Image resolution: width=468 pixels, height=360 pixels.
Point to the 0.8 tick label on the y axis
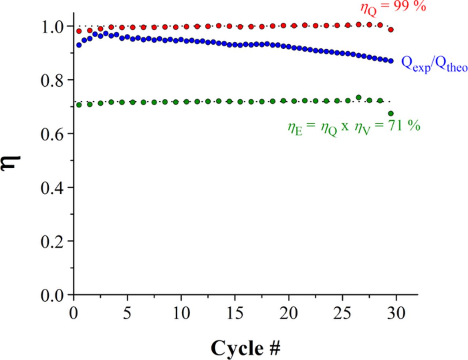point(52,80)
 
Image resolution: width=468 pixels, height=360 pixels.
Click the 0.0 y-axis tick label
point(52,295)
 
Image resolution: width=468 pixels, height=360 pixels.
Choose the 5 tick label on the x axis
point(127,313)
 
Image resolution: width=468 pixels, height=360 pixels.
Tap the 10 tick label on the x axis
point(181,313)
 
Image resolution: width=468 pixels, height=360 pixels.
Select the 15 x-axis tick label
point(235,313)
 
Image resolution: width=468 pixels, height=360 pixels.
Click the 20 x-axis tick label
point(288,313)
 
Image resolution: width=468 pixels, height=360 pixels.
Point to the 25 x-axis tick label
point(342,313)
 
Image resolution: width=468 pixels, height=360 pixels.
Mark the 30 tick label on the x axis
point(396,313)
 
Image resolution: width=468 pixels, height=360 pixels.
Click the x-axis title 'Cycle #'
point(245,348)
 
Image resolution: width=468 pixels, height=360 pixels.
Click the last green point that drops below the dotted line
point(390,113)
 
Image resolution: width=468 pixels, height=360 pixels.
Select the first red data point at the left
point(79,31)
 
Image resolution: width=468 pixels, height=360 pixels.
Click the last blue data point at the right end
point(391,61)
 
